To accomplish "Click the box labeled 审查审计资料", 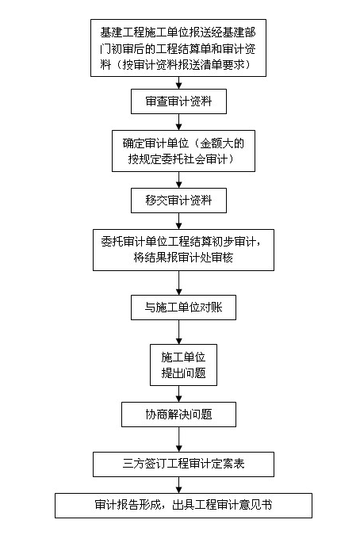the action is [x=178, y=101].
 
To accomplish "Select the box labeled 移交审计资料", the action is [x=178, y=201].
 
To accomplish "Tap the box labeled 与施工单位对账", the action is [x=183, y=308].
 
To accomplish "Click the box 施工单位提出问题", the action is [x=183, y=365].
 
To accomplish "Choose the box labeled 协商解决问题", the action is [x=178, y=414].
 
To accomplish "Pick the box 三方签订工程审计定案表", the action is [x=183, y=464].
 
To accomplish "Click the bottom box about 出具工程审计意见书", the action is [x=183, y=505].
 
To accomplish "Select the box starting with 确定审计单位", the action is [x=183, y=151].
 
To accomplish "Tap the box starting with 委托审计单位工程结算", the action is [x=183, y=250].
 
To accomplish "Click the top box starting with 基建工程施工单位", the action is [x=178, y=48].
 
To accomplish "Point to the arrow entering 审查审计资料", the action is [x=179, y=82].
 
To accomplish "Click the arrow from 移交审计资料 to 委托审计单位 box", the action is [x=179, y=221].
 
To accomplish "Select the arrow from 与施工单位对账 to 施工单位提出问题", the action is [x=179, y=332].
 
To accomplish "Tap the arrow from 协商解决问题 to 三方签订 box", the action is [x=179, y=439].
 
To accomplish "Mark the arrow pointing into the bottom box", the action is [x=179, y=485].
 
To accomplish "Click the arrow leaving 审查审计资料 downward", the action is [x=179, y=122].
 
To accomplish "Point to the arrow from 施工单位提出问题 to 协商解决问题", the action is [x=179, y=394].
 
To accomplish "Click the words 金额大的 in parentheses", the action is [x=222, y=143].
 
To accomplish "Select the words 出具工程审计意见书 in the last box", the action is [x=222, y=505].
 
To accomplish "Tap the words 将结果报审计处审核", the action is [x=183, y=258].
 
